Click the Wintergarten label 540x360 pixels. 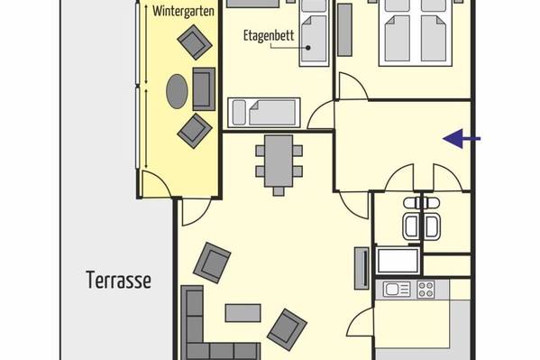pos(183,12)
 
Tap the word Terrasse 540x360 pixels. pos(118,280)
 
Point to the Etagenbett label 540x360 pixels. pos(269,35)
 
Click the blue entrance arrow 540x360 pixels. pos(462,139)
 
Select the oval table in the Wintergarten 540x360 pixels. pos(177,91)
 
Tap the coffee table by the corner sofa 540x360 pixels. pos(243,313)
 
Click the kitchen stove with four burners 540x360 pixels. pos(426,290)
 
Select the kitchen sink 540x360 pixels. pos(397,290)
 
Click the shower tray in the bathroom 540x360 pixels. pos(398,261)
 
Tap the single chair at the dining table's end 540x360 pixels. pos(279,191)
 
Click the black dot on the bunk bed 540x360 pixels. pos(308,48)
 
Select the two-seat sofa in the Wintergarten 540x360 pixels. pos(204,89)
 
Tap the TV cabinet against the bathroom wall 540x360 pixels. pos(362,268)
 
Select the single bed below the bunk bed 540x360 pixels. pos(264,113)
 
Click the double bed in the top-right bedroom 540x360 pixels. pos(416,32)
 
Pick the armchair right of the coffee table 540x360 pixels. pos(288,330)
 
